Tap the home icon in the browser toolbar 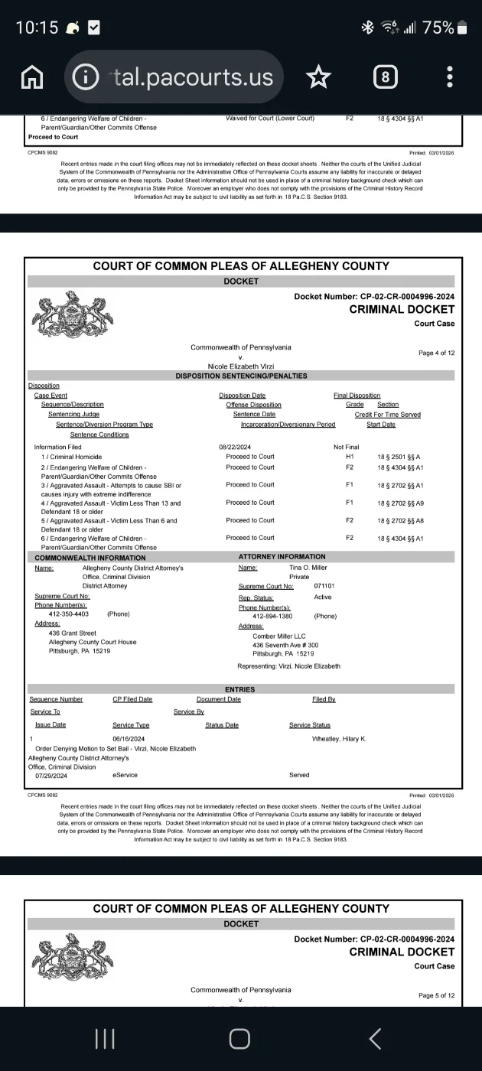pos(32,76)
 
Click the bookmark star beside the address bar pos(318,76)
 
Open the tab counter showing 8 pos(385,76)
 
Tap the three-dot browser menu pos(450,76)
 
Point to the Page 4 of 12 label pos(437,353)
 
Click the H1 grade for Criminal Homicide pos(350,457)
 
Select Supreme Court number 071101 pos(324,586)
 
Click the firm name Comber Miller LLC pos(280,636)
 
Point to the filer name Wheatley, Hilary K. pos(339,738)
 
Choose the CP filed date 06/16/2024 pos(129,738)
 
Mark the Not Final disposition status pos(346,447)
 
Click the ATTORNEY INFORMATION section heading pos(282,556)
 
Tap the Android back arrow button pos(375,1037)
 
